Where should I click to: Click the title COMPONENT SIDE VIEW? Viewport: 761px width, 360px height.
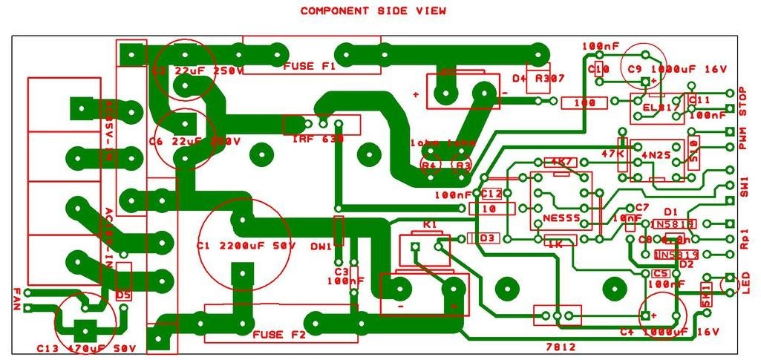coord(373,11)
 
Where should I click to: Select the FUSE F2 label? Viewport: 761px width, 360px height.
coord(279,335)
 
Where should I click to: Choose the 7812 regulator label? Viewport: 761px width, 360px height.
coord(560,347)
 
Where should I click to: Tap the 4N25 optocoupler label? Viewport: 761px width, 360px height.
coord(655,154)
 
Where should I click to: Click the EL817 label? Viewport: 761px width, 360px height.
coord(658,106)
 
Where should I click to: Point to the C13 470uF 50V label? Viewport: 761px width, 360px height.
coord(87,348)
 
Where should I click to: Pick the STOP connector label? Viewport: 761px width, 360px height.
coord(743,102)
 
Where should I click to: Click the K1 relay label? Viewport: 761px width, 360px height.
coord(429,224)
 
